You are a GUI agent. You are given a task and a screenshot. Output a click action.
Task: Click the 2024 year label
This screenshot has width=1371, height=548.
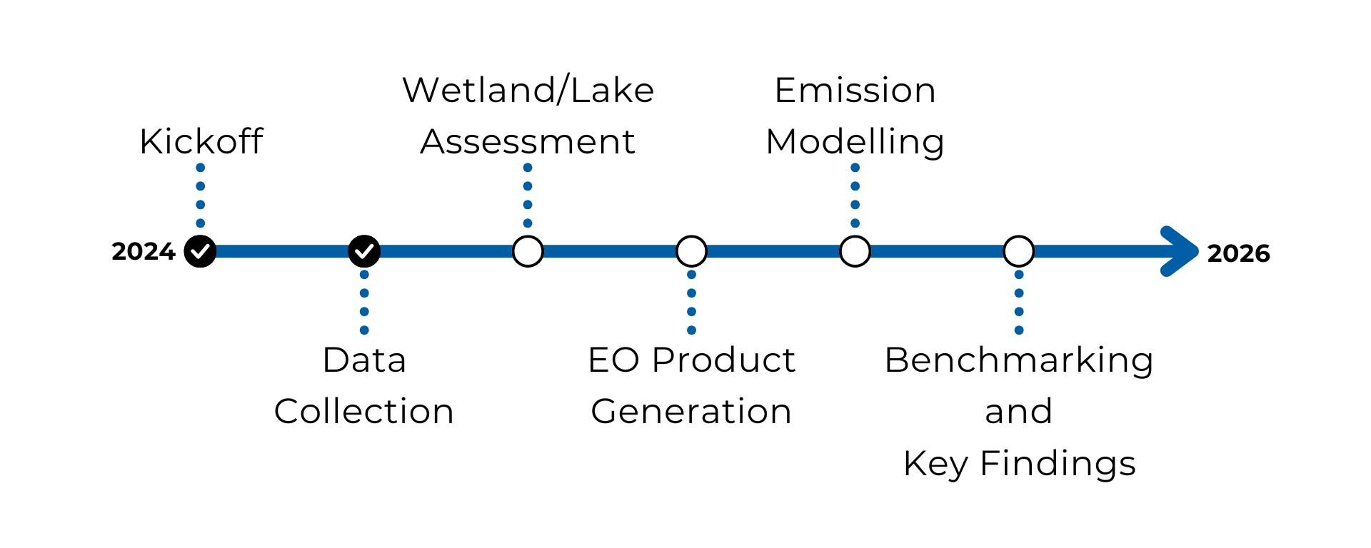(144, 251)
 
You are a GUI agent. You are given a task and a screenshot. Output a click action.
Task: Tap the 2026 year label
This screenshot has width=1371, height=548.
(1239, 253)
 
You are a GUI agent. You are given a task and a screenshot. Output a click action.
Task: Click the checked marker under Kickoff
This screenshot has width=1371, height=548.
(201, 251)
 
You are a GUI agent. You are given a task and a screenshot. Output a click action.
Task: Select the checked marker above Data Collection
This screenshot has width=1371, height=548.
(364, 251)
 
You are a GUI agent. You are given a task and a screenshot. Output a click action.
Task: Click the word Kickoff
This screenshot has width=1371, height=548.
(201, 141)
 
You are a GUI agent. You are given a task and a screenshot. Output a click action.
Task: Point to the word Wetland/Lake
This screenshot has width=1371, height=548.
(528, 90)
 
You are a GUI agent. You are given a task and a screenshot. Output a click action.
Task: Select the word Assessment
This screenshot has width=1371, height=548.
(528, 142)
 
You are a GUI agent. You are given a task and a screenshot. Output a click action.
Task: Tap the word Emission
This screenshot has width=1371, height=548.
(855, 91)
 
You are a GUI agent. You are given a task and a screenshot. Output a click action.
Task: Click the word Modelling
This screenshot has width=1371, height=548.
(855, 142)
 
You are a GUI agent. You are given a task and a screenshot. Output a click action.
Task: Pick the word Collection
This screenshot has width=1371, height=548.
(364, 412)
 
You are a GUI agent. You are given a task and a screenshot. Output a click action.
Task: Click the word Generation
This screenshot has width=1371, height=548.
(691, 412)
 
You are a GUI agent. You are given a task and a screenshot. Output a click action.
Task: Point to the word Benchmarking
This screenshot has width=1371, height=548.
(1019, 360)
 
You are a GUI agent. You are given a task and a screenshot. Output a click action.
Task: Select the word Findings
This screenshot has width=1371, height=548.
(1058, 464)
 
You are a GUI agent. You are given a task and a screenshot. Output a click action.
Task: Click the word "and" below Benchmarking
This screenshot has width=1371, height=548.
(1019, 412)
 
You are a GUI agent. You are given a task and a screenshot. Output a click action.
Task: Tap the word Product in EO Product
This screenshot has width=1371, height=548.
(723, 360)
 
